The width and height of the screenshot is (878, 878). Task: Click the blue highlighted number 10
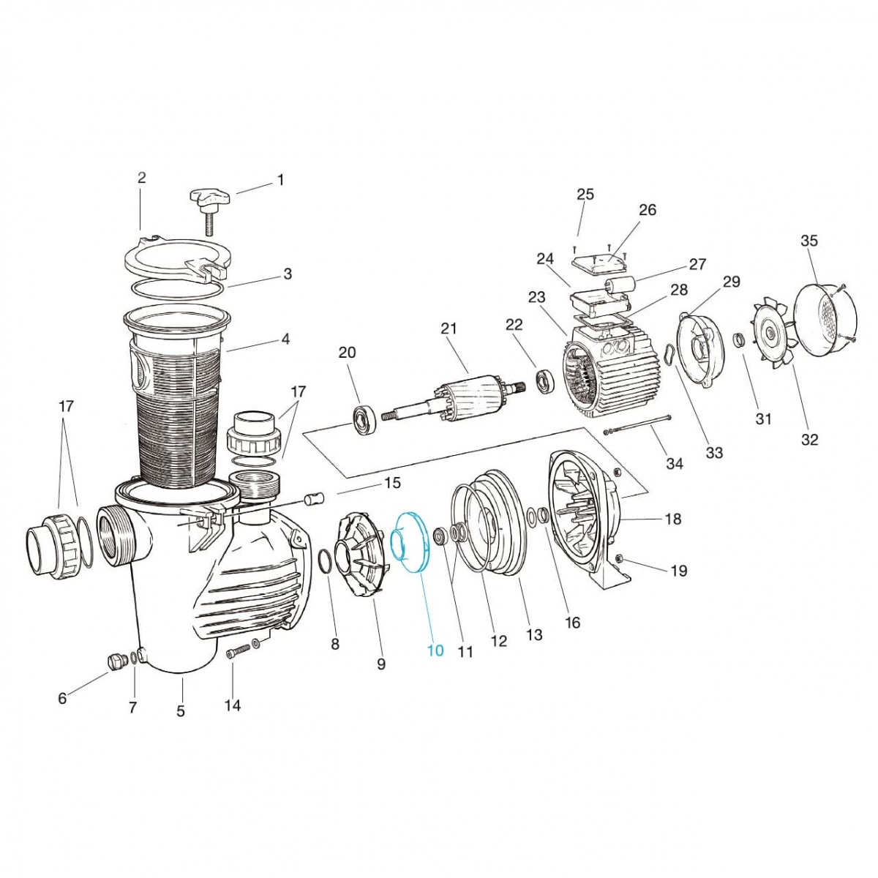pos(435,650)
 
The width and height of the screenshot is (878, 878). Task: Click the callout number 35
pos(809,241)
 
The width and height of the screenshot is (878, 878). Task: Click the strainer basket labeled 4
pos(176,395)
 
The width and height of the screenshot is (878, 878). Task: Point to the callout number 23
pos(536,297)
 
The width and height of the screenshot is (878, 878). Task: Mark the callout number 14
pos(232,705)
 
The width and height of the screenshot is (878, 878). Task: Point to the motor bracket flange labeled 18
pos(585,512)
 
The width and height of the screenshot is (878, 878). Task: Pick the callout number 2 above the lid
pos(142,178)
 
